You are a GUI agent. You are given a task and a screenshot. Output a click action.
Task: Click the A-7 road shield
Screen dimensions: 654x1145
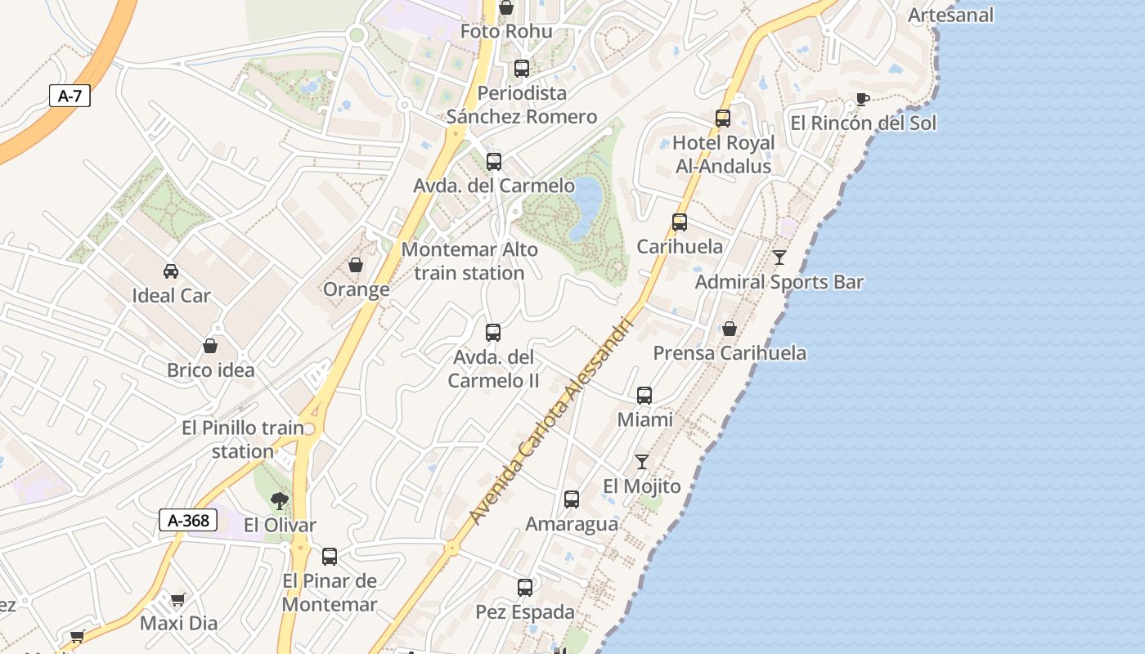70,96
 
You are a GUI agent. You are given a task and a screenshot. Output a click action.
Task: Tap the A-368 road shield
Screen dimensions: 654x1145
188,520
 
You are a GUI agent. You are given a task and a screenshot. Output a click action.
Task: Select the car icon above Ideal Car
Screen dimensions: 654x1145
171,271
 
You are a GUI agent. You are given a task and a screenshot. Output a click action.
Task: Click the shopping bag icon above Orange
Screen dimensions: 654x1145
356,265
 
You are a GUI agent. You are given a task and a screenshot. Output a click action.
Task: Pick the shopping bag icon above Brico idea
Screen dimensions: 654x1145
210,346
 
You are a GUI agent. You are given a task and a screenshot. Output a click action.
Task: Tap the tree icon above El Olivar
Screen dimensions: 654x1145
280,500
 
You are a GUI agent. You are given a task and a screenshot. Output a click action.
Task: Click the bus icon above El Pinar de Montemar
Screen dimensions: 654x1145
330,557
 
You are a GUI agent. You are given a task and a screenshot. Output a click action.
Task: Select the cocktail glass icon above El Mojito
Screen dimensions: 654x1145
642,462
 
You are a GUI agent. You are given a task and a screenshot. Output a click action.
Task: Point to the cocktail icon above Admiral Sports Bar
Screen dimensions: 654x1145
779,258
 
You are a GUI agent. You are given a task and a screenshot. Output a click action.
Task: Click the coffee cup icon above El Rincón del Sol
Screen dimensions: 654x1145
862,99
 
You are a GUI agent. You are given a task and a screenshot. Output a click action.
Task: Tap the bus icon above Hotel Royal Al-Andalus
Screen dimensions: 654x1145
723,119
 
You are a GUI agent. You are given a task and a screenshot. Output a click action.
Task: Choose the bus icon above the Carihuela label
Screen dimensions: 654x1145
680,222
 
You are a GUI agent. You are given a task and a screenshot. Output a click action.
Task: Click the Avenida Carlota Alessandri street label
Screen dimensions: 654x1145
552,421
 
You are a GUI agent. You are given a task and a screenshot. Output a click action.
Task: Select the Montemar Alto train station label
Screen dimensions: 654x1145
469,261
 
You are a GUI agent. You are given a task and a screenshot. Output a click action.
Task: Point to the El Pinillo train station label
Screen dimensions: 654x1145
242,439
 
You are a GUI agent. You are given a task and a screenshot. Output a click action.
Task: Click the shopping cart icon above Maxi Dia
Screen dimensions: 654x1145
178,599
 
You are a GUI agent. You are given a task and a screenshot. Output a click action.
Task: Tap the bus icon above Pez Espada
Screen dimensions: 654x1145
525,588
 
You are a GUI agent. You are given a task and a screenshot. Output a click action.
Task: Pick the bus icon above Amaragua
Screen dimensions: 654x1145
572,499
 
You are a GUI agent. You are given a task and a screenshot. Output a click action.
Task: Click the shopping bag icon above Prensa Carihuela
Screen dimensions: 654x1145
730,329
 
